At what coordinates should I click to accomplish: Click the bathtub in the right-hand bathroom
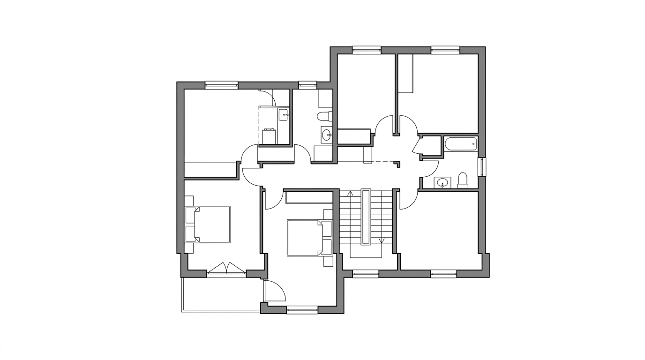pos(460,144)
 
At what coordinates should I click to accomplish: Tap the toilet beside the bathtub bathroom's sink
pos(463,180)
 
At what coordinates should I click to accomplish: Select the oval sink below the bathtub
pos(442,182)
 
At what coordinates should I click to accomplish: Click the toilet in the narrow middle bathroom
pos(324,116)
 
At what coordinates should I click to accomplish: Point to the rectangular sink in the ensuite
pos(283,114)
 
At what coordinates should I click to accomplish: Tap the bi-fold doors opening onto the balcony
pos(226,269)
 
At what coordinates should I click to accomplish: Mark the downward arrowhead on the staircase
pos(382,240)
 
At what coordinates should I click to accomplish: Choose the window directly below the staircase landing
pos(365,273)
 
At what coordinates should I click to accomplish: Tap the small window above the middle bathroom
pos(307,85)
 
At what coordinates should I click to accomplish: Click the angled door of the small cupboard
pos(417,145)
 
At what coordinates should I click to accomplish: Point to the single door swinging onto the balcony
pos(274,291)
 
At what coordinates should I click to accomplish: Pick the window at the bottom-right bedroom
pos(443,273)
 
